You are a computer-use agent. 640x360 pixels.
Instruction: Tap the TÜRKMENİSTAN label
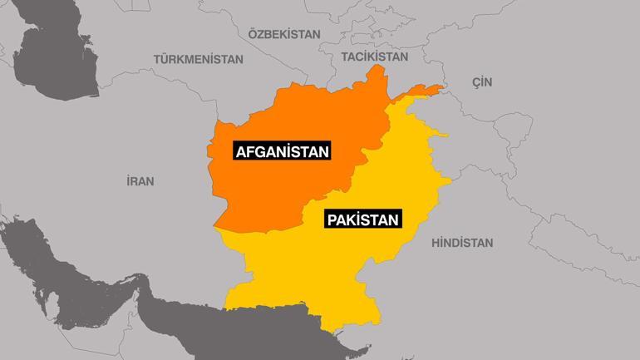point(198,60)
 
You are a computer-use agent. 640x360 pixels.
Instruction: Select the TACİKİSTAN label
point(375,57)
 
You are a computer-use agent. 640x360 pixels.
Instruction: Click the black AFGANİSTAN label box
point(282,151)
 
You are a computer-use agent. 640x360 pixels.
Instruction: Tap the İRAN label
point(139,180)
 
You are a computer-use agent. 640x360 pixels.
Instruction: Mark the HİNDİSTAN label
point(462,243)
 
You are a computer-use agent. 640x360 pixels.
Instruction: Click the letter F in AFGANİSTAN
point(249,151)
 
